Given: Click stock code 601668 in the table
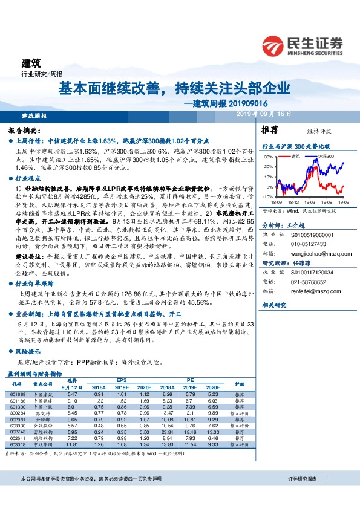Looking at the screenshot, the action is pyautogui.click(x=17, y=394).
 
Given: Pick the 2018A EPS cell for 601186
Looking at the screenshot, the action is pyautogui.click(x=99, y=400).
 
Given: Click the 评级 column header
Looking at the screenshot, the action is pyautogui.click(x=239, y=383).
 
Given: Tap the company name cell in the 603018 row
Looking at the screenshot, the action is pyautogui.click(x=43, y=443).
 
